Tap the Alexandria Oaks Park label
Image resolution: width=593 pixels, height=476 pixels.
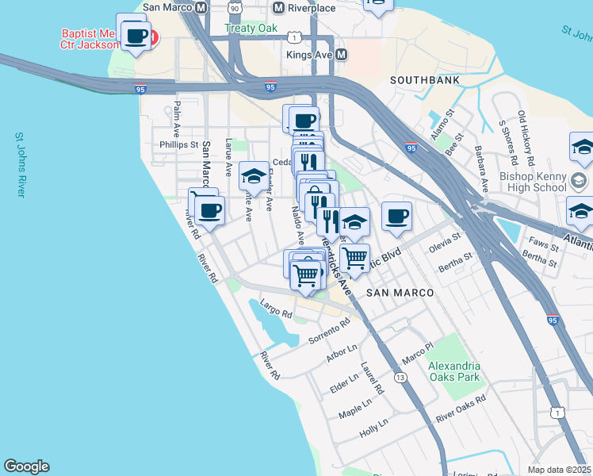[x=454, y=371]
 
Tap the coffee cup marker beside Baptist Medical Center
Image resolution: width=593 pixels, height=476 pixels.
[x=136, y=34]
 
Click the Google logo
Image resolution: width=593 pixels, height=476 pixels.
[x=26, y=466]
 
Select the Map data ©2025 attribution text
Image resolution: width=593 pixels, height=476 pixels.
[x=559, y=470]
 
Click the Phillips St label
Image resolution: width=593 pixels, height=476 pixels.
[x=178, y=145]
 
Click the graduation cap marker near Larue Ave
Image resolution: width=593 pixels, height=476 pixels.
[x=254, y=175]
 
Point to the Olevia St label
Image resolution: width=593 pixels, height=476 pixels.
[x=444, y=239]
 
